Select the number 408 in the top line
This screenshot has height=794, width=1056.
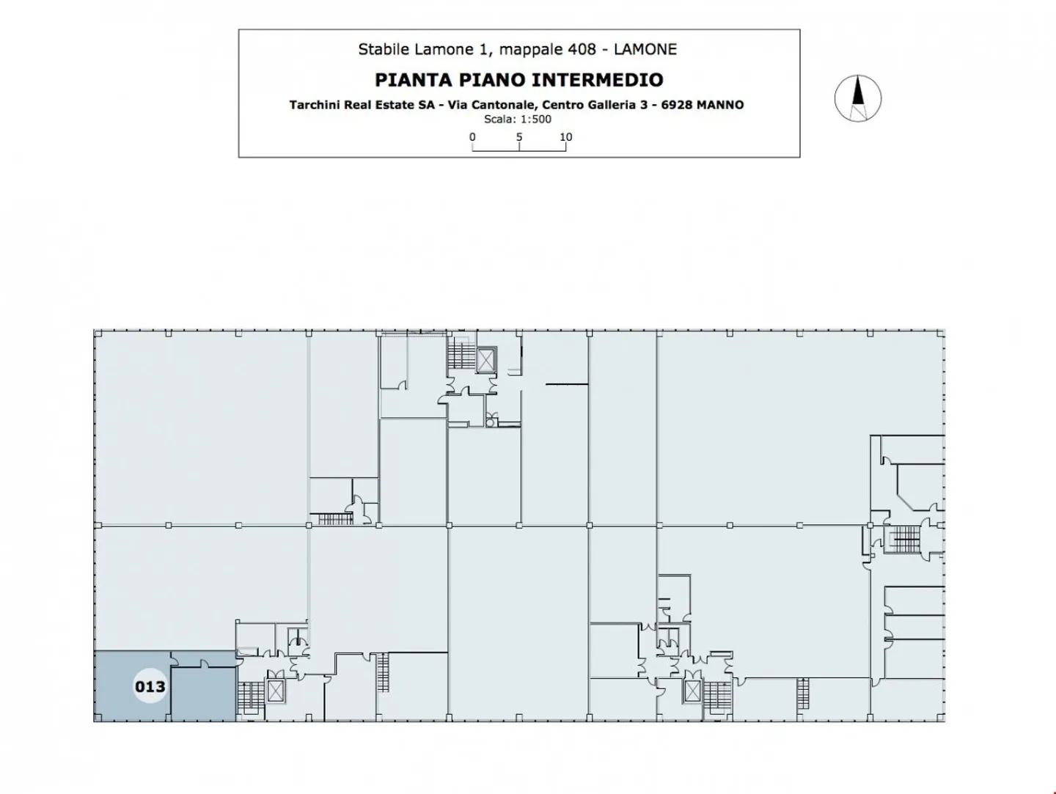(x=582, y=49)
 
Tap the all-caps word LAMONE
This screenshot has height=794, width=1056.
(x=645, y=49)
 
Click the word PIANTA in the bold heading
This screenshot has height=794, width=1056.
(x=414, y=80)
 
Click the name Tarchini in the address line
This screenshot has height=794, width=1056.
(x=314, y=105)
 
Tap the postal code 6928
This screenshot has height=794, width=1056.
(x=676, y=105)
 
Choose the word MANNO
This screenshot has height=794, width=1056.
(x=719, y=105)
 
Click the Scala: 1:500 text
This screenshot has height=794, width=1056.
(x=518, y=120)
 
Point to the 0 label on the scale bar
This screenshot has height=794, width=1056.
(x=472, y=137)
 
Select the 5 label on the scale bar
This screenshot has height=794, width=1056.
(x=519, y=137)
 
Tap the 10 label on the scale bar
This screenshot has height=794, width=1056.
(x=565, y=137)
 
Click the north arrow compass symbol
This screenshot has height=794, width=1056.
(x=858, y=98)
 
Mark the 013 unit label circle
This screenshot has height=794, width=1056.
(x=150, y=686)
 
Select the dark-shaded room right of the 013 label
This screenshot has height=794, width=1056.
(x=204, y=694)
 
